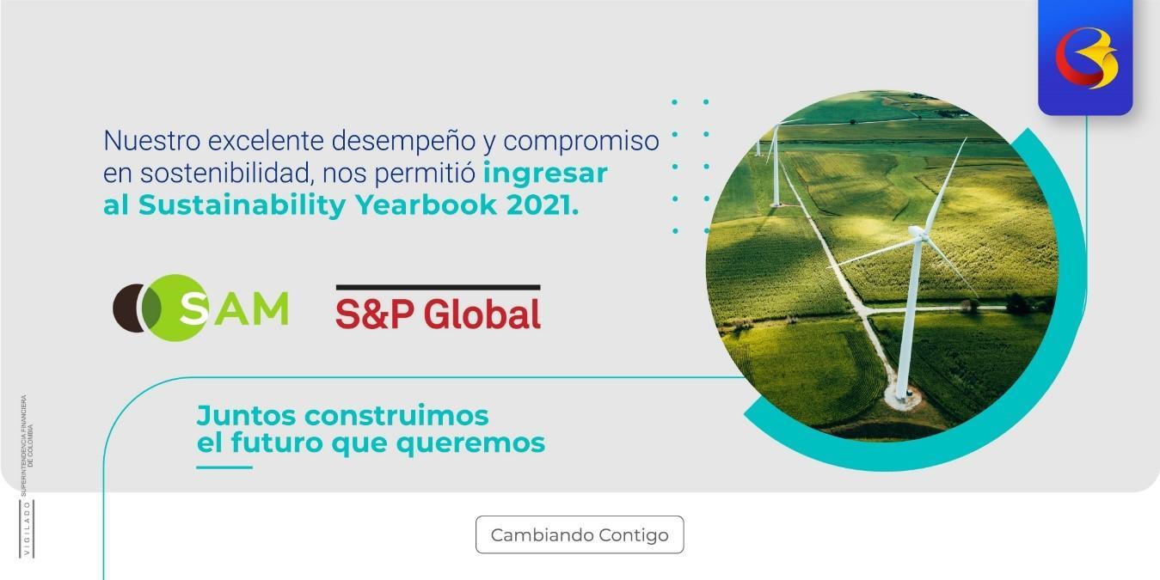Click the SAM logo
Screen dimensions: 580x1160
click(200, 308)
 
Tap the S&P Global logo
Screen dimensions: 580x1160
click(438, 309)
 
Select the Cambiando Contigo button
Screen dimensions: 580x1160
click(580, 534)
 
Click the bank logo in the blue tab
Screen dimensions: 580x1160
click(1085, 58)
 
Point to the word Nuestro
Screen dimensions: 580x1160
click(151, 139)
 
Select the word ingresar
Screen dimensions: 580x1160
click(545, 173)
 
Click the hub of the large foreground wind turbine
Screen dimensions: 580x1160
click(918, 232)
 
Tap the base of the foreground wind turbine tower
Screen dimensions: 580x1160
click(901, 397)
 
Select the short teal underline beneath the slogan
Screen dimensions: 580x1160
click(224, 467)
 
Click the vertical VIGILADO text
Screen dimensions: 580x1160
click(26, 528)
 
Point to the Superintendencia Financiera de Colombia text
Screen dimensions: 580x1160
click(27, 443)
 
